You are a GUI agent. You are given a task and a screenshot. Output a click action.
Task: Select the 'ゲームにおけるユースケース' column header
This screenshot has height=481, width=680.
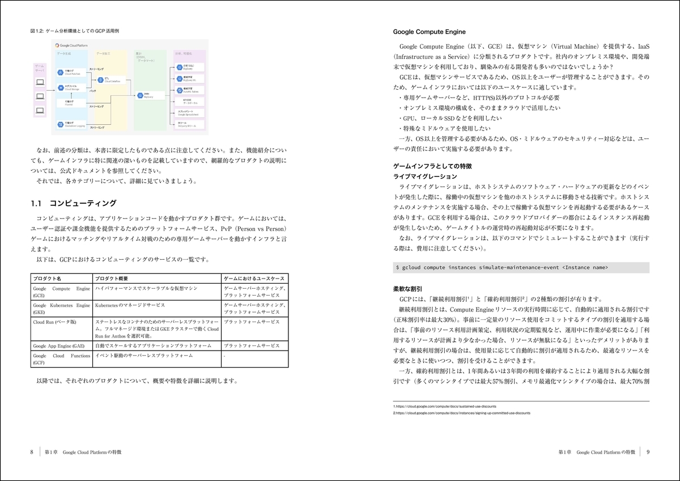pos(252,279)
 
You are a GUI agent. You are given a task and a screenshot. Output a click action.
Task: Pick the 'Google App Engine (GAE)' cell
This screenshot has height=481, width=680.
pos(59,345)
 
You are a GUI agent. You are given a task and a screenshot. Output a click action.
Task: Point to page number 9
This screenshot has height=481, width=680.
pos(648,452)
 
